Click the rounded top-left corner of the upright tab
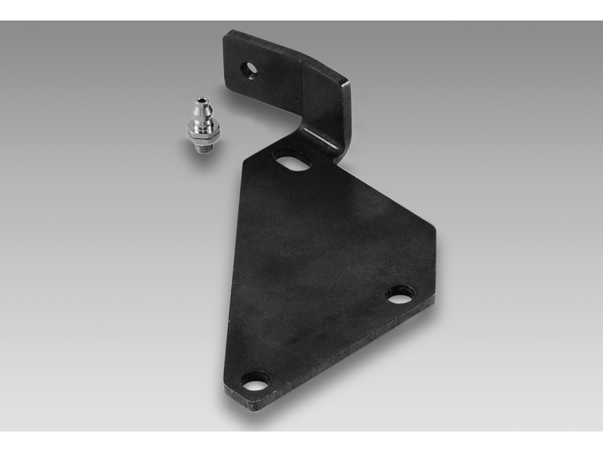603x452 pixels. coord(227,34)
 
